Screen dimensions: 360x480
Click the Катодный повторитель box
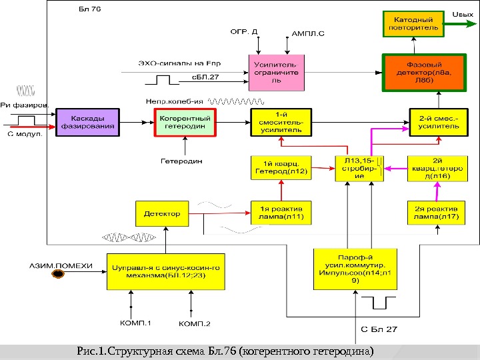pos(411,25)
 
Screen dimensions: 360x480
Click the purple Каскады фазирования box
pos(87,123)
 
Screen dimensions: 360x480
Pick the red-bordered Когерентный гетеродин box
pos(185,123)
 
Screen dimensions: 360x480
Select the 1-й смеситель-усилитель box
pos(281,123)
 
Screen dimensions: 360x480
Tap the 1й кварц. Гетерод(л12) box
pos(281,167)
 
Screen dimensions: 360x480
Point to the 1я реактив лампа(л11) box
pos(281,212)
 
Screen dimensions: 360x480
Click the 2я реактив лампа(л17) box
pos(436,212)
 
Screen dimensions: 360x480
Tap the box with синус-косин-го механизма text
pos(166,271)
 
